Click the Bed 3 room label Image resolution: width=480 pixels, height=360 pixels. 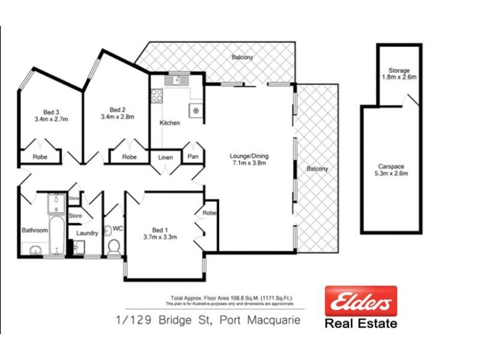52,111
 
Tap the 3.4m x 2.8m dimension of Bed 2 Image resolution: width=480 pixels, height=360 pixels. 117,117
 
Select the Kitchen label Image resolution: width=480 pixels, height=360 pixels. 169,123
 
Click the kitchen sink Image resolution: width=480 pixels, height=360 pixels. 178,80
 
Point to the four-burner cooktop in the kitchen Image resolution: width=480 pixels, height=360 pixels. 157,95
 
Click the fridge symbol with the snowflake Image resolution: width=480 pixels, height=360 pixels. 195,110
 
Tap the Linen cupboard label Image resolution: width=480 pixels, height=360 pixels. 165,157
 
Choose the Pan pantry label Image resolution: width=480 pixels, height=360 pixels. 193,157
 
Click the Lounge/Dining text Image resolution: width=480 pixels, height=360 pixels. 249,157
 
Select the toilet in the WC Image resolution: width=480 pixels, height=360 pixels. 113,246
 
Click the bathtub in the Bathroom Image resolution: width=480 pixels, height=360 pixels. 56,236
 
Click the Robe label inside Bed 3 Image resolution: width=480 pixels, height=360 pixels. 40,157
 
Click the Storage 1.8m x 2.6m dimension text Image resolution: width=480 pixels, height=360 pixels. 399,77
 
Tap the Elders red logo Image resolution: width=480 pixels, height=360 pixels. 361,301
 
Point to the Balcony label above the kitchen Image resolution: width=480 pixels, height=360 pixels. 242,58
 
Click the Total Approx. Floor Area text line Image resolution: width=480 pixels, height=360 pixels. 236,298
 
